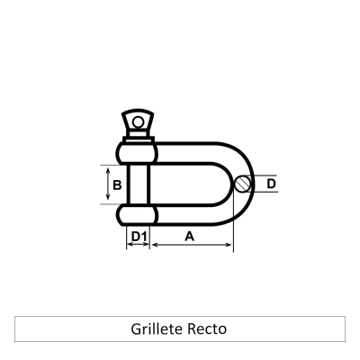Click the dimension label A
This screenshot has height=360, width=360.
tap(190, 236)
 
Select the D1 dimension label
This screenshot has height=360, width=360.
tap(138, 237)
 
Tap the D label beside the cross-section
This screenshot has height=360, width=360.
tap(272, 184)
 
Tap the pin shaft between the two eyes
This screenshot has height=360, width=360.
tap(138, 184)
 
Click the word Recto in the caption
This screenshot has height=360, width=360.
tap(208, 328)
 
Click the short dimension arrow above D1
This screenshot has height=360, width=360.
tap(138, 246)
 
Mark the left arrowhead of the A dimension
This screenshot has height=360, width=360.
tap(155, 246)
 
